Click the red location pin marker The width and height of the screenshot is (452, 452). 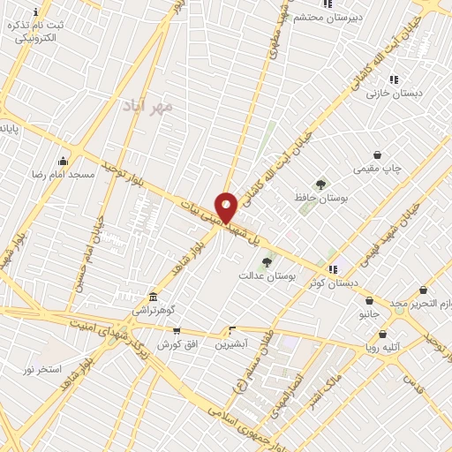click(226, 207)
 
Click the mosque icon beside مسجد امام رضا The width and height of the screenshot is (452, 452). click(62, 162)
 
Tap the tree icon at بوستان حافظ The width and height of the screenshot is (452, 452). click(320, 185)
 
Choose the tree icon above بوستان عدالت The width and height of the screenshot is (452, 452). click(266, 261)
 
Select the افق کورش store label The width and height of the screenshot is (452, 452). click(176, 343)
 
